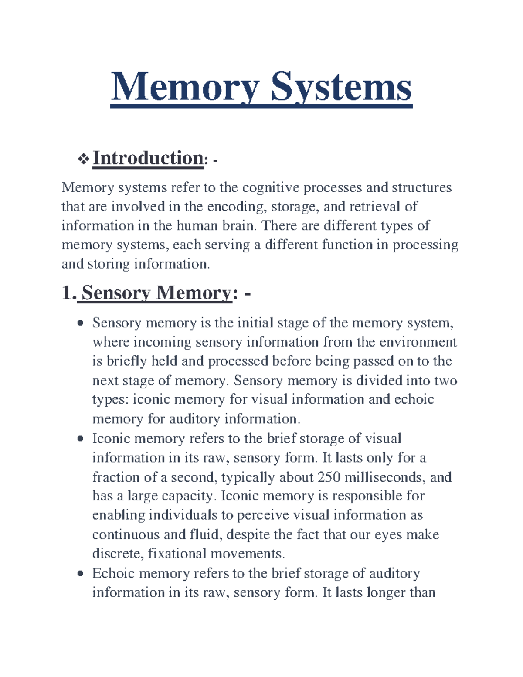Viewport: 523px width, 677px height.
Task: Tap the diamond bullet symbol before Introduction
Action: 83,160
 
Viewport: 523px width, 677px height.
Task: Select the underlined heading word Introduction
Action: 148,158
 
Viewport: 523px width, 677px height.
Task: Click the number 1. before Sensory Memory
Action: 69,293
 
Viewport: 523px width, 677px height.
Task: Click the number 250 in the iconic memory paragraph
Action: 329,477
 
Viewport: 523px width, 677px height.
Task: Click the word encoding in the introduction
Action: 236,207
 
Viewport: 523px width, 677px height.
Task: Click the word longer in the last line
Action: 387,593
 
